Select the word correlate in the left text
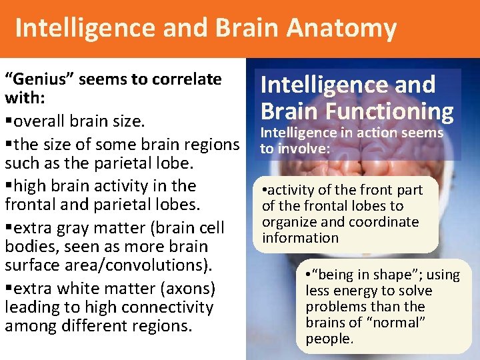point(188,79)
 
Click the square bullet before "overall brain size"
point(7,122)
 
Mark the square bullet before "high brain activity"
point(7,186)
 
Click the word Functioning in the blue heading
point(391,111)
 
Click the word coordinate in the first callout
point(389,222)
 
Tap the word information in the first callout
point(301,238)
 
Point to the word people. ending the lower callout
point(329,339)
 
